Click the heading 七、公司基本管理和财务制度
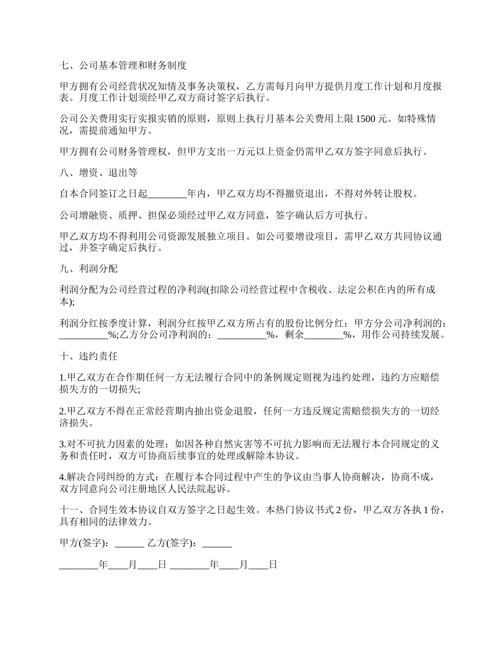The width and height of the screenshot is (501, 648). [x=123, y=66]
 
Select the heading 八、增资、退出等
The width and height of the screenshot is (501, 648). [x=99, y=173]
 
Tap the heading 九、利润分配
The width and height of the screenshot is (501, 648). [x=89, y=269]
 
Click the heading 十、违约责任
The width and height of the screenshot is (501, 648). [x=89, y=356]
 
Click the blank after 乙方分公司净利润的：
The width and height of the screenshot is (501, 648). [x=242, y=335]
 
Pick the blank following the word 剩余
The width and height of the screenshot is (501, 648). [x=324, y=335]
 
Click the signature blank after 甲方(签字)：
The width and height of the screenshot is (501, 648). [x=129, y=543]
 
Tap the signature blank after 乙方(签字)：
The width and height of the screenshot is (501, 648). [x=217, y=543]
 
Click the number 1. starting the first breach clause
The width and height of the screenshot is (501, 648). [x=62, y=378]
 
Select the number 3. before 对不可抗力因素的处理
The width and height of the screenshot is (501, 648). [x=62, y=444]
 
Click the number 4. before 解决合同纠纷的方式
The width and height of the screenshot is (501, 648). [x=62, y=477]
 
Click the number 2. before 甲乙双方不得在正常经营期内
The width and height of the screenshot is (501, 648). [x=62, y=411]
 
